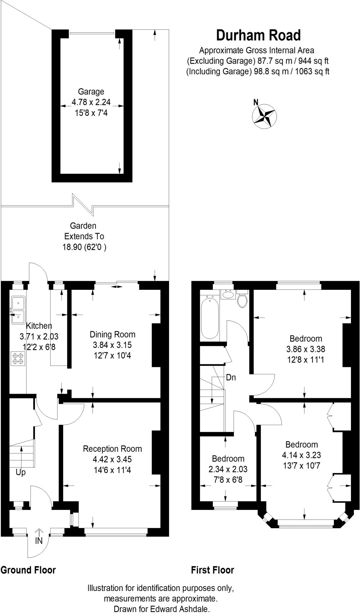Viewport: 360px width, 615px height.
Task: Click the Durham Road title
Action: coord(258,35)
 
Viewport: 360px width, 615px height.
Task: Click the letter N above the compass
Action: coord(256,102)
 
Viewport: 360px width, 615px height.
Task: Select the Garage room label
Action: coord(91,92)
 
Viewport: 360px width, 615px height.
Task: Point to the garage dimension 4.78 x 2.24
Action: coord(91,102)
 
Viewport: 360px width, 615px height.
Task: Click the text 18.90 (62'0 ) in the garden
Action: coord(84,247)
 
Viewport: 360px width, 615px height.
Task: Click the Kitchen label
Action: coord(39,326)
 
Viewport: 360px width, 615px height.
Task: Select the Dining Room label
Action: coord(112,334)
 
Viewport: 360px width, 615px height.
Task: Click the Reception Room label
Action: coord(112,449)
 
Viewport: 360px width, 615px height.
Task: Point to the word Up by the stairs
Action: coord(21,472)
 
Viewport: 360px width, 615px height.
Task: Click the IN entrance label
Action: coord(39,541)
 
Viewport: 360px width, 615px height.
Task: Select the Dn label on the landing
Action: coord(231,377)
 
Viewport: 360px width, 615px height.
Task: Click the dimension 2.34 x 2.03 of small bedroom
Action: coord(228,469)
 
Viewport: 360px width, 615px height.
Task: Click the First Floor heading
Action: coord(213,570)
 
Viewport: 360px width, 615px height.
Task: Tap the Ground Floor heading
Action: coord(28,570)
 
